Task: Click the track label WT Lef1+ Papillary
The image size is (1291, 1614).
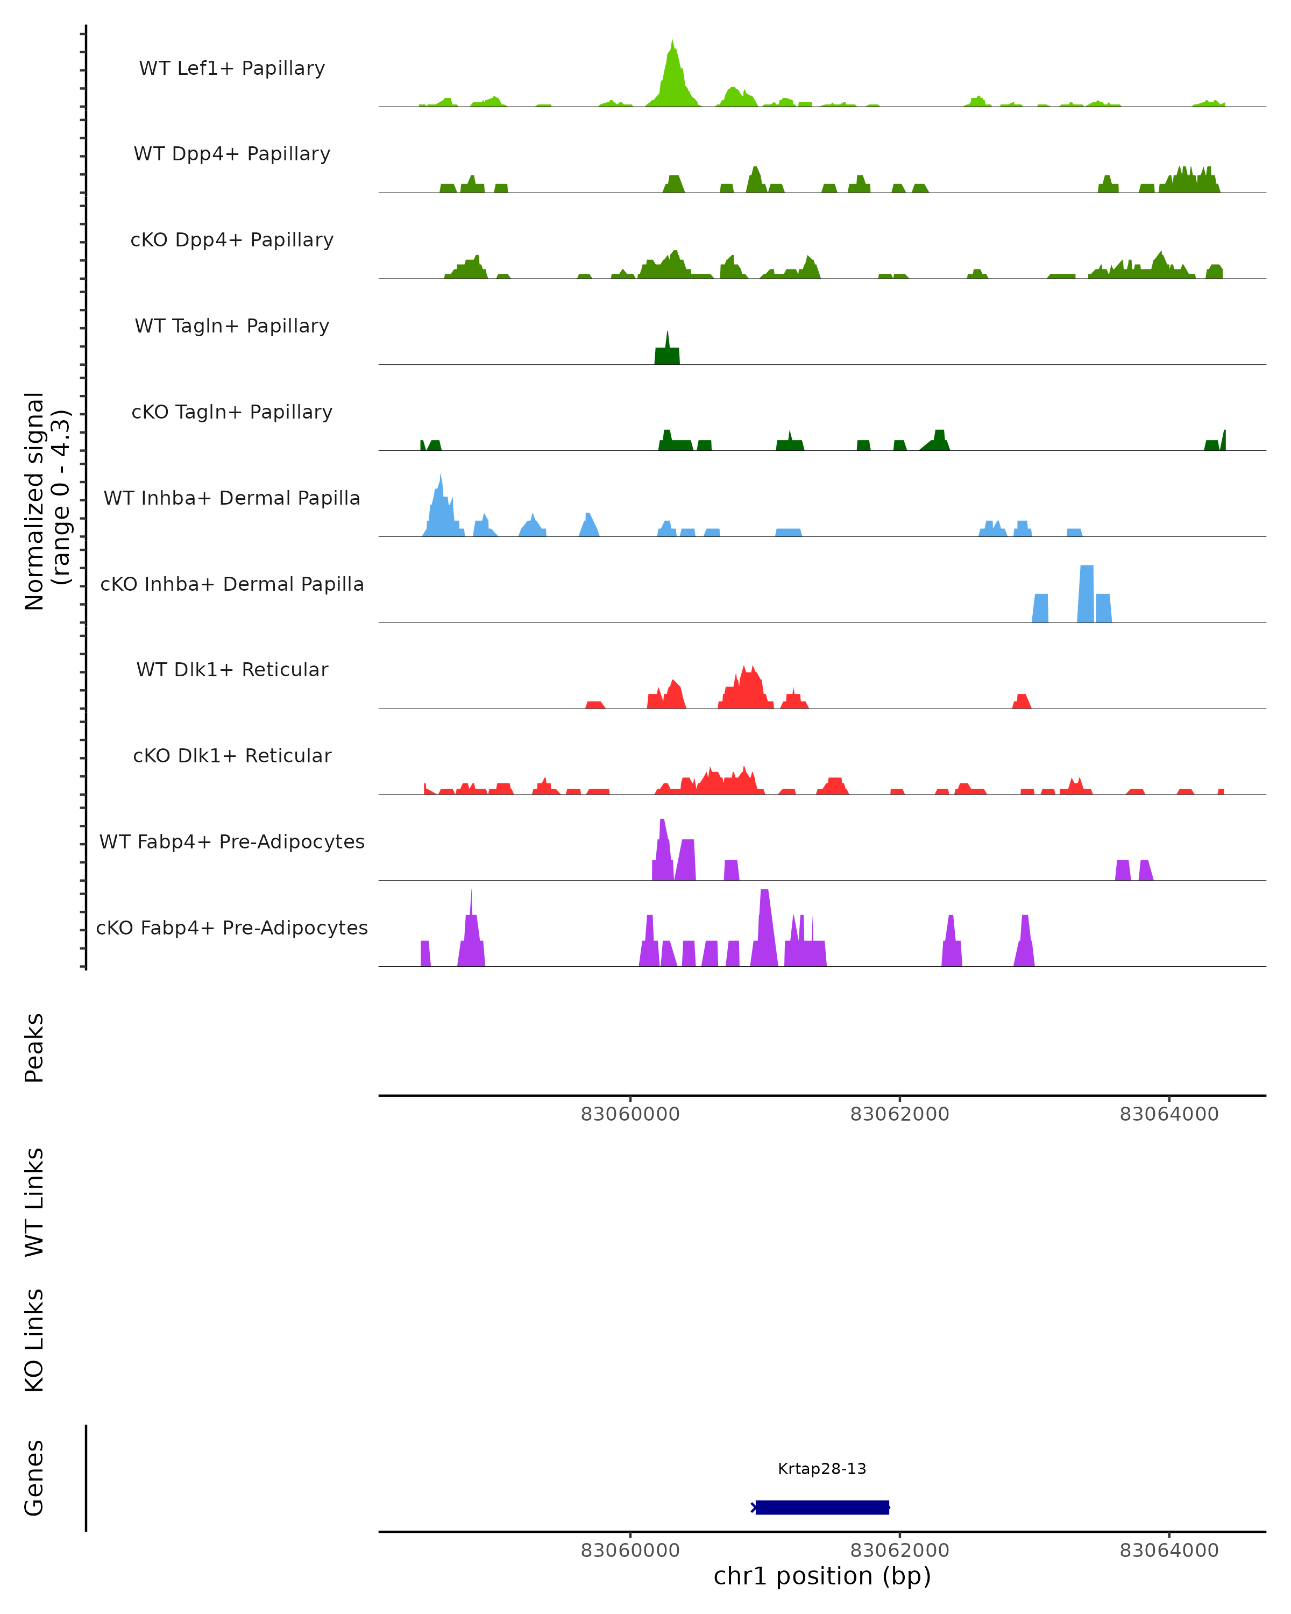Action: (x=232, y=68)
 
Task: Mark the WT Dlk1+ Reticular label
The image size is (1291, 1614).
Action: (x=232, y=669)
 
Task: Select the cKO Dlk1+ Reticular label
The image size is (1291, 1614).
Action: (x=232, y=755)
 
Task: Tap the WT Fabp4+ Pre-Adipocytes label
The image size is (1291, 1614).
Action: (x=232, y=841)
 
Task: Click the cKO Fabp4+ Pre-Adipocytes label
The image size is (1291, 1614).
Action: (x=232, y=928)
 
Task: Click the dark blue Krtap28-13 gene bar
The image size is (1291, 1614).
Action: (x=822, y=1507)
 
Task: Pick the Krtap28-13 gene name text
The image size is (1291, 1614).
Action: (x=822, y=1469)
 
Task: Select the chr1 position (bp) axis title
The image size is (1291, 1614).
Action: (x=822, y=1575)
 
